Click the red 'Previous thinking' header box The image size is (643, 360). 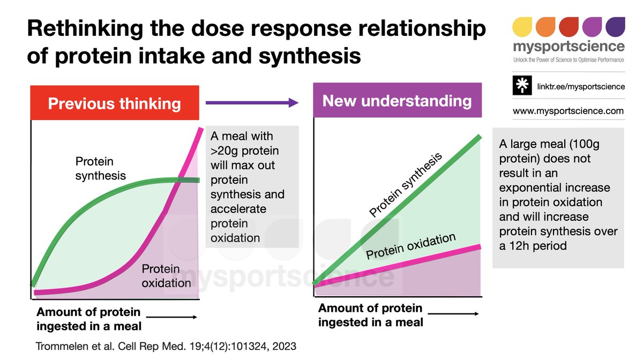pyautogui.click(x=115, y=102)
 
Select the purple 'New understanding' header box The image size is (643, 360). pyautogui.click(x=397, y=101)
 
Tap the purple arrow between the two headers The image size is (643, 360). pyautogui.click(x=252, y=102)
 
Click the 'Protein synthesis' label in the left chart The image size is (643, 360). pyautogui.click(x=101, y=168)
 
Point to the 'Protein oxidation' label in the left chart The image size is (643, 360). pyautogui.click(x=166, y=276)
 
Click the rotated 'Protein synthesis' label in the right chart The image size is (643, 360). pyautogui.click(x=406, y=185)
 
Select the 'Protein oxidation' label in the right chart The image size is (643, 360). pyautogui.click(x=410, y=246)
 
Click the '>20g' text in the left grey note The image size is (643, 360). pyautogui.click(x=228, y=151)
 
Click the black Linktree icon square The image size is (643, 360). pyautogui.click(x=522, y=86)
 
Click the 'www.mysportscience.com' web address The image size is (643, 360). pyautogui.click(x=569, y=111)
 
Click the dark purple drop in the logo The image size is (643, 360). pyautogui.click(x=615, y=27)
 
